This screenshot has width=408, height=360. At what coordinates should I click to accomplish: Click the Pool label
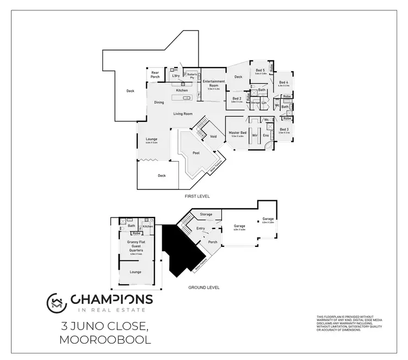(196, 153)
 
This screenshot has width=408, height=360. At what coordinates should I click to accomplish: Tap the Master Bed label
(238, 133)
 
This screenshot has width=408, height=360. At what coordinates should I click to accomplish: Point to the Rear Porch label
(155, 74)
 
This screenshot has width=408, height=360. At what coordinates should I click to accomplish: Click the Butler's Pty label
(192, 76)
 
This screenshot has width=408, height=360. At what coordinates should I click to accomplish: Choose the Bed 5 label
(260, 71)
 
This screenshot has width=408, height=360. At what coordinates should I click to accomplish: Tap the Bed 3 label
(283, 129)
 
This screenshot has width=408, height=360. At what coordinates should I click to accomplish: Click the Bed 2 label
(237, 98)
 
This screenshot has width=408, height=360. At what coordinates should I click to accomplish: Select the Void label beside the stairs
(213, 136)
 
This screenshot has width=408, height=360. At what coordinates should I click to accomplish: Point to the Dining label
(159, 102)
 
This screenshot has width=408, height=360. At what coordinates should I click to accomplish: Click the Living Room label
(183, 114)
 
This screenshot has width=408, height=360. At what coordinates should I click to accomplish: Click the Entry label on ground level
(200, 228)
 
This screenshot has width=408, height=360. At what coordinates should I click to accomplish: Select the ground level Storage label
(206, 214)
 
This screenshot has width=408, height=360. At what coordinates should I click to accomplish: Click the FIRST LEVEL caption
(198, 196)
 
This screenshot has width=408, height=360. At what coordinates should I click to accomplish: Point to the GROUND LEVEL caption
(203, 287)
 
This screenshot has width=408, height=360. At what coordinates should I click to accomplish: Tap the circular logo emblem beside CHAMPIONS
(56, 302)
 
